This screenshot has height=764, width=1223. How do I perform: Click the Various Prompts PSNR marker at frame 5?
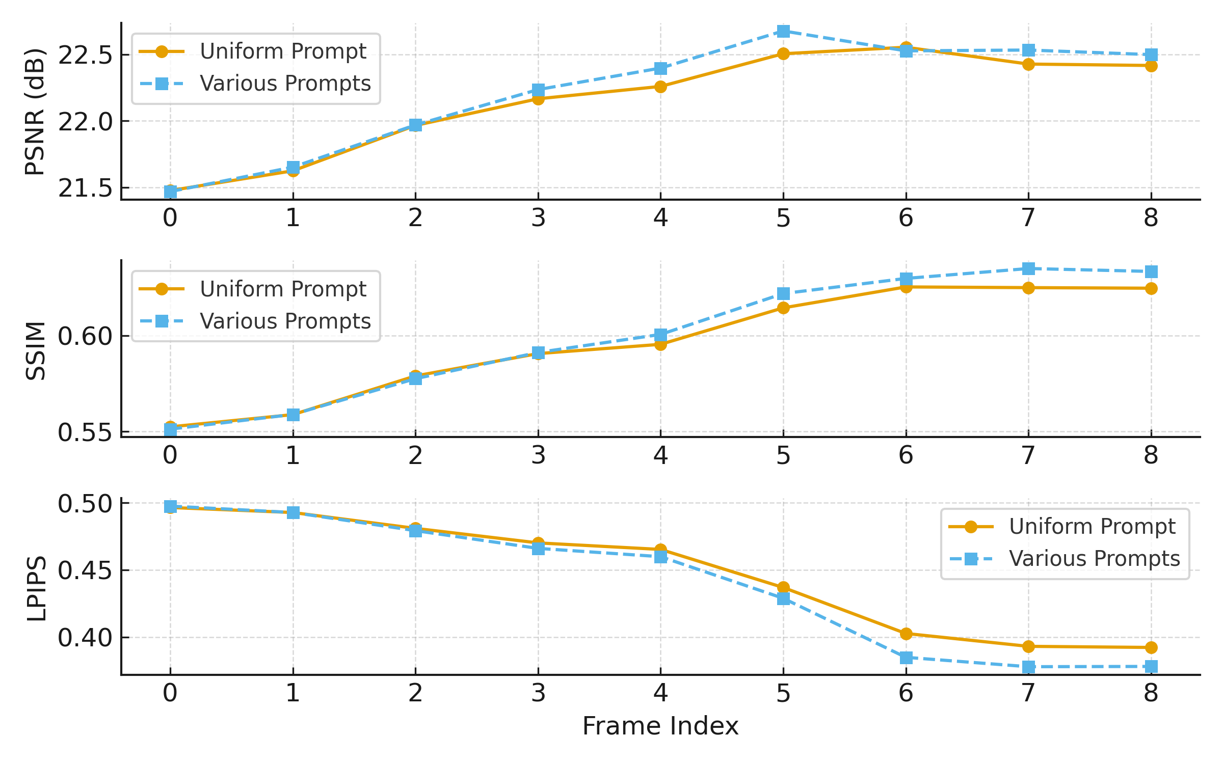pos(783,32)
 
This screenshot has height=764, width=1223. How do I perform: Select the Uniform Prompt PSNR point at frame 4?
pos(660,87)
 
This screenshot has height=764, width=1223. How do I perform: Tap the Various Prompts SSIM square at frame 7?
pos(1028,268)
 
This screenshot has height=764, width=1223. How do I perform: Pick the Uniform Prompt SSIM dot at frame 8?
pos(1151,288)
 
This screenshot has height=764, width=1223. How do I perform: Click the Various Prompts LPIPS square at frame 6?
pos(906,658)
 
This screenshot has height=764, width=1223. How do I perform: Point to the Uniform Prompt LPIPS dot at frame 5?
pos(783,588)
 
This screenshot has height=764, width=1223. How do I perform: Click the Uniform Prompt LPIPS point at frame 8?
pos(1151,647)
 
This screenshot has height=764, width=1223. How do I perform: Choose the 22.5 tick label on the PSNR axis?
pos(85,55)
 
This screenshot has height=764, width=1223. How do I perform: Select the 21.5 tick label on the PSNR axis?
pos(85,188)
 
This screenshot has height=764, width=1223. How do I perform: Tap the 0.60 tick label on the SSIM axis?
pos(85,336)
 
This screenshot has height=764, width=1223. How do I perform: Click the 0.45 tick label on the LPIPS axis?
pos(85,570)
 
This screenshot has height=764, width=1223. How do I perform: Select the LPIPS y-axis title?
pos(36,588)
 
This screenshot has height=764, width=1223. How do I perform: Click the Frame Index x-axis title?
pos(660,726)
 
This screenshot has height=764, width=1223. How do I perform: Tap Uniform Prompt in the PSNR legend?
pos(283,51)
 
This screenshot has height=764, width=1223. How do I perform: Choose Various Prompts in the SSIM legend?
pos(285,321)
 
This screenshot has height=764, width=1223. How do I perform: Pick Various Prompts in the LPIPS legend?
pos(1095,558)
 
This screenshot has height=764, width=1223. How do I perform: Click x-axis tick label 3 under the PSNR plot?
pos(538,218)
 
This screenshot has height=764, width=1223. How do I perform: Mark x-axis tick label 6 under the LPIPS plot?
pos(906,693)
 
